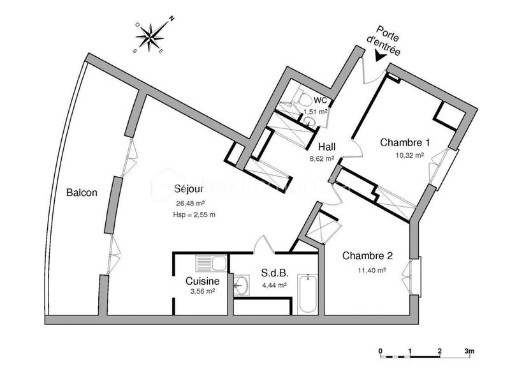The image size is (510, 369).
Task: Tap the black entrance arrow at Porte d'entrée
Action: (x=381, y=56)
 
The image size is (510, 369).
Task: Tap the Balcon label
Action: (x=82, y=192)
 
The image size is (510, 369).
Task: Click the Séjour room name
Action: (x=189, y=190)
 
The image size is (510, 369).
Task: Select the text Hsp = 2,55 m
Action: (x=194, y=215)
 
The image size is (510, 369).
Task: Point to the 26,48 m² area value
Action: (x=189, y=204)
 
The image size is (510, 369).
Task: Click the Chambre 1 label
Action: (x=405, y=142)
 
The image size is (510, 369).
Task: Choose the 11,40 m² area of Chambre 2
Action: (x=372, y=270)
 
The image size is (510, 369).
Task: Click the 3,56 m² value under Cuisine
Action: (x=202, y=292)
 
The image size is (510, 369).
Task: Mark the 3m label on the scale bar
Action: (x=470, y=350)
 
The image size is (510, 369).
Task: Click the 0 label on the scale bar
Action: (x=380, y=350)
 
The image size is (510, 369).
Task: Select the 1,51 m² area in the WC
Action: (x=316, y=111)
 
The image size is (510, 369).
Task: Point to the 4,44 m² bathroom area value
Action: (x=273, y=285)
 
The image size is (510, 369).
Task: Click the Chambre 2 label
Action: (x=367, y=256)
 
